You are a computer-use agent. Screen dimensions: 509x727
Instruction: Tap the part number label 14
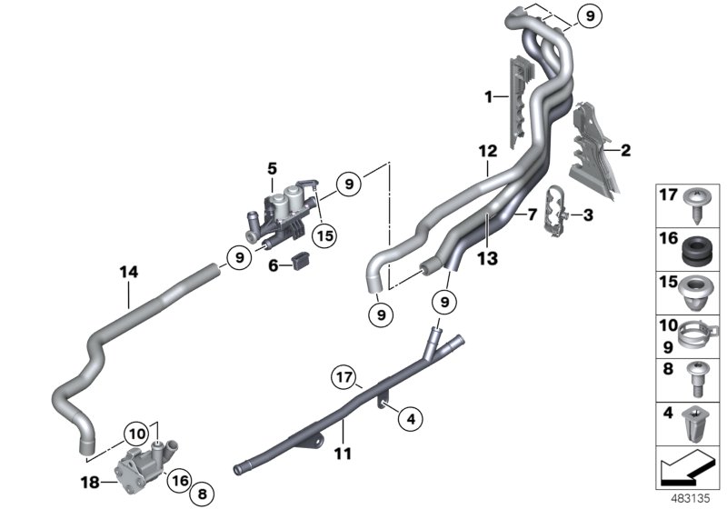pyautogui.click(x=128, y=271)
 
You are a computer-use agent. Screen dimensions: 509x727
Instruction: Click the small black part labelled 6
pyautogui.click(x=302, y=265)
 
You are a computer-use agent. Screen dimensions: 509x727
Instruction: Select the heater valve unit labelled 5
pyautogui.click(x=284, y=215)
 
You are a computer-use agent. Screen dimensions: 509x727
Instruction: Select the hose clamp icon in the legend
pyautogui.click(x=698, y=331)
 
